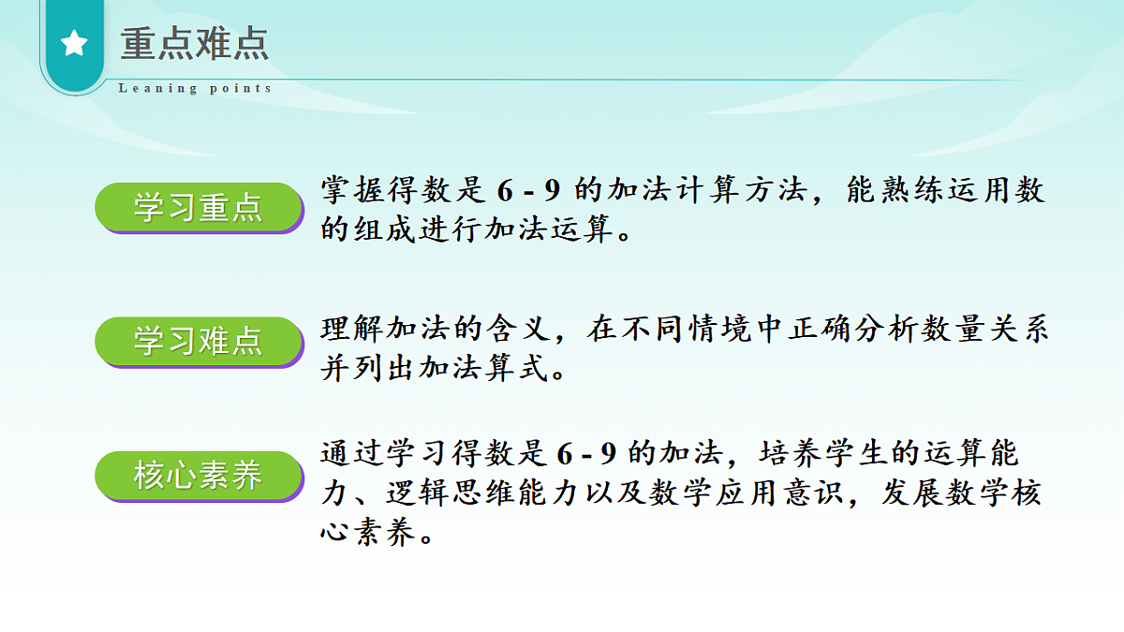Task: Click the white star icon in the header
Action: tap(74, 43)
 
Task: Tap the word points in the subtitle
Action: tap(240, 88)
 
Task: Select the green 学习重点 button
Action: tap(198, 207)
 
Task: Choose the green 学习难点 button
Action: tap(198, 341)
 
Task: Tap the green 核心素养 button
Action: tap(198, 477)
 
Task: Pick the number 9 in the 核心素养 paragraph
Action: tap(608, 453)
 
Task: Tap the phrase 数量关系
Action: tap(988, 329)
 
